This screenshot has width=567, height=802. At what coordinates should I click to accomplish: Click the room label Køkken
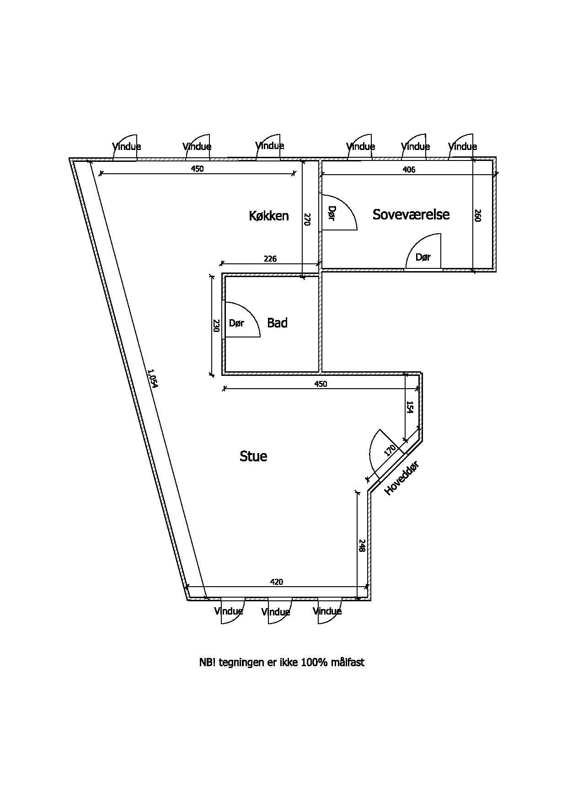point(269,215)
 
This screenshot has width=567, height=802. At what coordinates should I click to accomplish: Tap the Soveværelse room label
point(411,214)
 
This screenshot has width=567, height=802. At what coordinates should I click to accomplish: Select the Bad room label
point(277,323)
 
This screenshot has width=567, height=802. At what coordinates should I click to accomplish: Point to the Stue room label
point(253,456)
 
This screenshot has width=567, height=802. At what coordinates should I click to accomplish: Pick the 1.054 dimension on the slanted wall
point(152,379)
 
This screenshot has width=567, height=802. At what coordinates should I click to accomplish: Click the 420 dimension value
point(277,582)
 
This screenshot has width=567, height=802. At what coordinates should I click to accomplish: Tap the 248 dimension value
point(361,546)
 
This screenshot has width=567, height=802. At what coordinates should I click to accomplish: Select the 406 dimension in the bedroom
point(409,170)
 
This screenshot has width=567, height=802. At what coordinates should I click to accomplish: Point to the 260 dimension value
point(478,215)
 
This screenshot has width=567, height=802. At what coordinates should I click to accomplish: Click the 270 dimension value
point(307,219)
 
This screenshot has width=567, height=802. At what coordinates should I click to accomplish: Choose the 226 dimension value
point(270,259)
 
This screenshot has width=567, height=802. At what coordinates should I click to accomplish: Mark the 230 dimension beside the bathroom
point(216,326)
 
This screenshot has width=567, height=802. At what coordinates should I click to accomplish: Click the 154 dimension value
point(410,407)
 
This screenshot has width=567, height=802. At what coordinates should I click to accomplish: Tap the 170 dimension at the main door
point(390,451)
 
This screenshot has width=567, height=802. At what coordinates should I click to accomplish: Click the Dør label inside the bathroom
point(236,323)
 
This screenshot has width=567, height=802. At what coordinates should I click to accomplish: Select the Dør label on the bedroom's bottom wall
point(423,257)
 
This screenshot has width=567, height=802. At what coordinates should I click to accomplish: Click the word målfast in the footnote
point(348,662)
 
